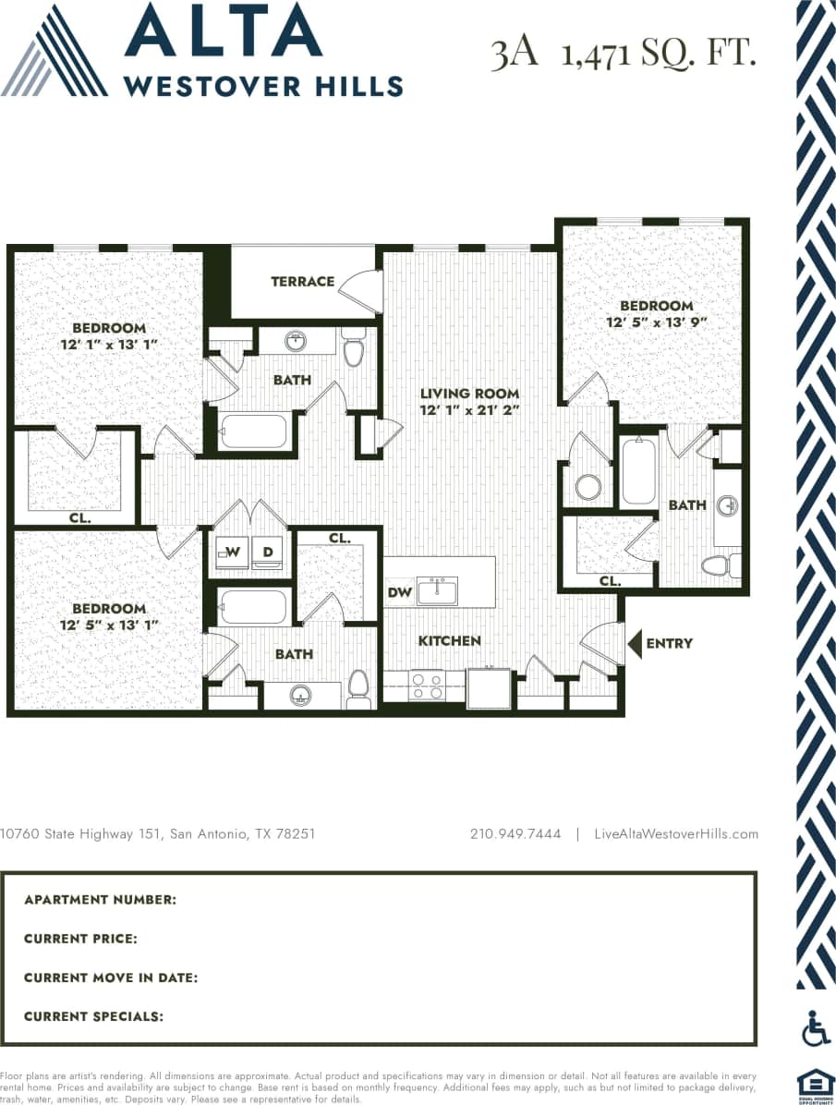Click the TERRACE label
coord(302,282)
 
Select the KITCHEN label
coord(450,641)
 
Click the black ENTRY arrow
coord(635,643)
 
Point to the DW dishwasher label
coord(399,592)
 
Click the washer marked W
coord(232,552)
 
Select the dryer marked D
coord(268,552)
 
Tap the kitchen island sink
coord(437,590)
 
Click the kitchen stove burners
coord(425,686)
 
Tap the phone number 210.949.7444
coord(515,833)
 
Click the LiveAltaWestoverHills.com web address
coord(676,833)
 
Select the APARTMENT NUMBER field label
coord(100,900)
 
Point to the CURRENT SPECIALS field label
coord(93,1016)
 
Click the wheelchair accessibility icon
coord(816,1028)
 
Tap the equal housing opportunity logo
coord(816,1087)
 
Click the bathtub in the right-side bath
coord(637,471)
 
